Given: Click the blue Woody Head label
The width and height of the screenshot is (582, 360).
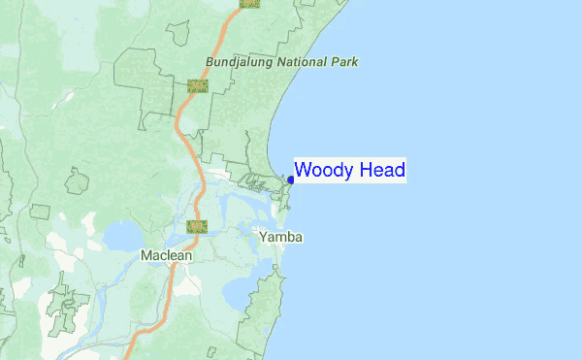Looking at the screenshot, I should click(x=350, y=171).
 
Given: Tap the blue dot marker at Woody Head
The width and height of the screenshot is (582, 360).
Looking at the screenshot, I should click(x=291, y=180).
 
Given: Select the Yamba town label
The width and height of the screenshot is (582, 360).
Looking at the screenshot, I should click(x=281, y=237).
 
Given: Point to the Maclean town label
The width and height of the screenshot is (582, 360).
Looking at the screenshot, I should click(x=166, y=255).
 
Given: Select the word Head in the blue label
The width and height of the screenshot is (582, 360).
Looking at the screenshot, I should click(x=382, y=171).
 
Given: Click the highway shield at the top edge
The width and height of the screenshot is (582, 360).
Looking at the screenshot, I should click(x=249, y=3).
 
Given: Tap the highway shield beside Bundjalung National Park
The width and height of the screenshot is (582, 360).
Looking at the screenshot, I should click(x=198, y=85).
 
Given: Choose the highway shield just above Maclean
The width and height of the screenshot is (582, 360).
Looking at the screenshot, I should click(x=197, y=227).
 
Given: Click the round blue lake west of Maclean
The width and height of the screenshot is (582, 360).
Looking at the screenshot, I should click(x=123, y=236).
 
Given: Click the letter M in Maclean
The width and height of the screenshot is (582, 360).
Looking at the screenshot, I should click(x=145, y=255).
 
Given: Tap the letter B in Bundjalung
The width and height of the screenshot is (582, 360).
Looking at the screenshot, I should click(x=210, y=62).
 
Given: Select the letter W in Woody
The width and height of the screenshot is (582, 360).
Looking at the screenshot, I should click(x=302, y=171).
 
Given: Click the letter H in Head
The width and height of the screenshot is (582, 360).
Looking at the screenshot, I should click(x=367, y=171).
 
